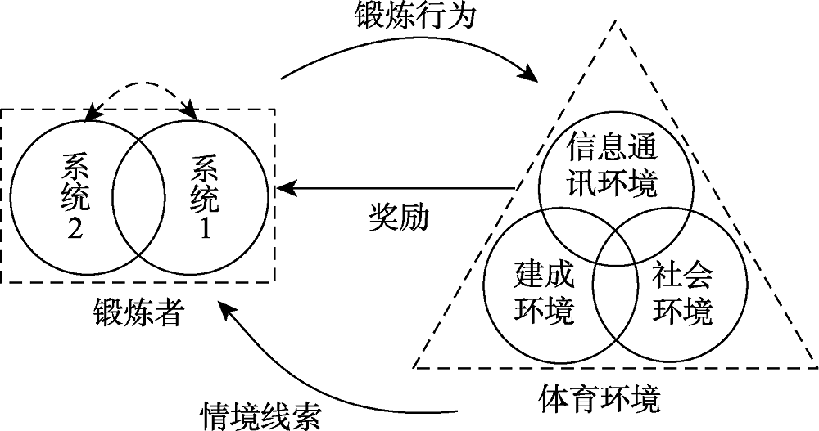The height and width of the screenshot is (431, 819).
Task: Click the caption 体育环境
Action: point(600,400)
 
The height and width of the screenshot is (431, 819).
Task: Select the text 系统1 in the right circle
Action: point(204,196)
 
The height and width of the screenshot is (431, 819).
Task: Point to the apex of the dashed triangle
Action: point(614,20)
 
